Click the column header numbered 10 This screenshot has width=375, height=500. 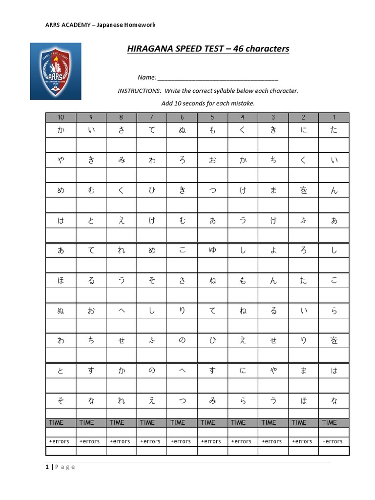coord(61,117)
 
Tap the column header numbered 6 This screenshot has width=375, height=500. coord(182,117)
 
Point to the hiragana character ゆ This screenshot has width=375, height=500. coord(212,250)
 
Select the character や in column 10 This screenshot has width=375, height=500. coord(61,160)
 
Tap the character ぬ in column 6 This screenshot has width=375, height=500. coord(182,130)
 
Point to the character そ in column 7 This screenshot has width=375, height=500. coord(152,281)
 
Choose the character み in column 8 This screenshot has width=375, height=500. coord(122,160)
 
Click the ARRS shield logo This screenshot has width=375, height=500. coord(56,71)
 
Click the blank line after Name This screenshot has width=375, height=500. coord(218,78)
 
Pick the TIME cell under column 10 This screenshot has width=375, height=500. coord(61,422)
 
